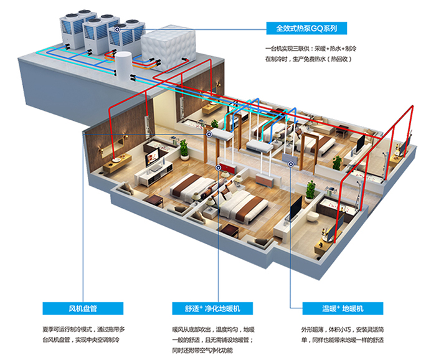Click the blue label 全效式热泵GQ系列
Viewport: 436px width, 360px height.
tap(306, 28)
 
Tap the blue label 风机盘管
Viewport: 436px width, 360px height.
tap(83, 308)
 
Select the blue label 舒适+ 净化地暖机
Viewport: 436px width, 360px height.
tap(212, 308)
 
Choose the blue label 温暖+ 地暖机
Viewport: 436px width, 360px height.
tap(343, 308)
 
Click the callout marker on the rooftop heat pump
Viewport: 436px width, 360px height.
tap(117, 29)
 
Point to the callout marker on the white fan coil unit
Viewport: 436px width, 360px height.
tap(209, 135)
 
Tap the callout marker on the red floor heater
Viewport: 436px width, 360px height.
tap(218, 168)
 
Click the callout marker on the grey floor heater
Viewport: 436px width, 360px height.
tap(291, 164)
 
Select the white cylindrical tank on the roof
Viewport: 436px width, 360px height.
tap(123, 66)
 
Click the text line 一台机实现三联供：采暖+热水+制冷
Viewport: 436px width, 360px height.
tap(311, 49)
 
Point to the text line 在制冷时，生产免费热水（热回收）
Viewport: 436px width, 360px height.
tap(309, 59)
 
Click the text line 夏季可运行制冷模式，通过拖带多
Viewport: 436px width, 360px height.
tap(83, 329)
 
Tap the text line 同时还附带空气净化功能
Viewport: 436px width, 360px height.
tap(202, 350)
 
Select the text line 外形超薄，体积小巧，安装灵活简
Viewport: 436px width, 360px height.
tap(343, 329)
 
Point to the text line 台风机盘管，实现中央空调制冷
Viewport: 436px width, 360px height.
tap(81, 339)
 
